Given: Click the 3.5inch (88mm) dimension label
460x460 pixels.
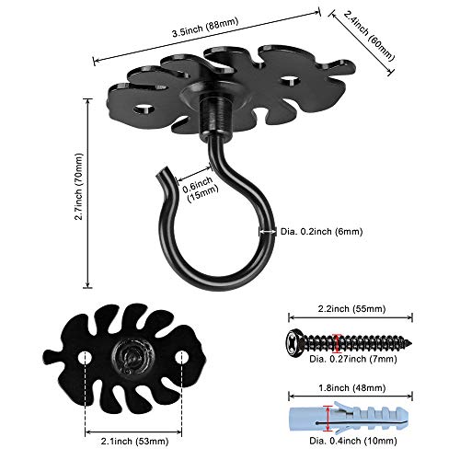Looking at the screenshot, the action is (205, 28).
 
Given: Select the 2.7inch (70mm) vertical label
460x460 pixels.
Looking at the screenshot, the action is (79, 187).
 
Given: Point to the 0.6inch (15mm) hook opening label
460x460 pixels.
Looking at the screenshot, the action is (201, 189).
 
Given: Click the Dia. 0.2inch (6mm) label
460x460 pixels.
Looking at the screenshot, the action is (322, 232).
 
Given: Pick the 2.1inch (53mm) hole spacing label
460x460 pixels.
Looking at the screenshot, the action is (134, 442).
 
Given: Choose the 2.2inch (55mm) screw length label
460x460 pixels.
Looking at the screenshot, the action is (351, 308).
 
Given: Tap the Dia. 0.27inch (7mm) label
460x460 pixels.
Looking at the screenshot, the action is (353, 359).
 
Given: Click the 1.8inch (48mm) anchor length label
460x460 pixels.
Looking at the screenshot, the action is (351, 388).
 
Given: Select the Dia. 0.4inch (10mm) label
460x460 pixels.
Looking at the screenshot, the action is (353, 441).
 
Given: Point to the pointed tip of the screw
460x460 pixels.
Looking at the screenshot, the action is (410, 343).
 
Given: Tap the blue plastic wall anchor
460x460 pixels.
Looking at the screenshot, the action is (349, 418).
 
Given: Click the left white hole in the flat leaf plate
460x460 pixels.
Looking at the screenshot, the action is (85, 358).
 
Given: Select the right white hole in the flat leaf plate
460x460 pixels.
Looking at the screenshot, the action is (181, 357).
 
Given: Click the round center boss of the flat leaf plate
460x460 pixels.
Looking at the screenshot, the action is (133, 358).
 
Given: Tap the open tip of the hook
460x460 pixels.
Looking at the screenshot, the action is (162, 173).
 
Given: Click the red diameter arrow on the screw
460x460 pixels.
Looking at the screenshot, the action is (338, 342).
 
